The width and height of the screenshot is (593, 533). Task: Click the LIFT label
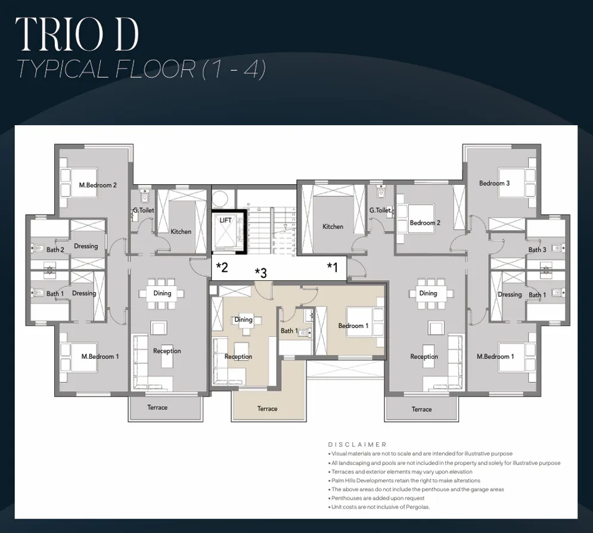click(x=225, y=221)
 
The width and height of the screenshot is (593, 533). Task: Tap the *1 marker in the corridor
click(x=333, y=267)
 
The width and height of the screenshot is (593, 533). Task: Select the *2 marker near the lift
click(x=222, y=267)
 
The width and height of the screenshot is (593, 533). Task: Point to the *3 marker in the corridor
click(x=260, y=273)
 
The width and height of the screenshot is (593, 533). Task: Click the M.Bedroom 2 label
click(x=98, y=185)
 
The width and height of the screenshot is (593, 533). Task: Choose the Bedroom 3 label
click(x=494, y=184)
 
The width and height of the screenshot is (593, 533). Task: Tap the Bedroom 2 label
click(x=425, y=223)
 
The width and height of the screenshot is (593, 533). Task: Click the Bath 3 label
click(x=537, y=250)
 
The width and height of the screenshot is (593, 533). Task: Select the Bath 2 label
click(x=55, y=250)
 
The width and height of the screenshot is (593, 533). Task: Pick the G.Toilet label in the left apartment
click(x=144, y=210)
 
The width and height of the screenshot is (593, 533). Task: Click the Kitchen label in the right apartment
click(x=333, y=227)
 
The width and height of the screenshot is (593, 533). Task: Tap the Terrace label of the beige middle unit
click(x=267, y=409)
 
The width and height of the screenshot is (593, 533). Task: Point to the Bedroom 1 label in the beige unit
click(x=353, y=326)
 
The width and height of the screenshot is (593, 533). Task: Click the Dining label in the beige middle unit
click(x=243, y=320)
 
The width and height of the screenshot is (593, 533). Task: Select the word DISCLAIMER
click(x=358, y=445)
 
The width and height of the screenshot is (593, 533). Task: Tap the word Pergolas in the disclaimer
click(x=417, y=507)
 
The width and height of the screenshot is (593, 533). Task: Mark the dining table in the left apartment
click(x=162, y=293)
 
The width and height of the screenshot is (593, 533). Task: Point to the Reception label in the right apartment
click(x=424, y=357)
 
